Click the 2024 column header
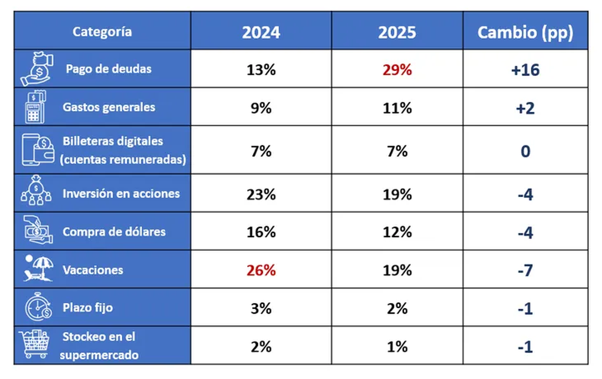pyautogui.click(x=261, y=32)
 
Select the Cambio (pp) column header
pyautogui.click(x=525, y=32)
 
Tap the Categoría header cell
pyautogui.click(x=102, y=32)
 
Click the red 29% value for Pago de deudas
pyautogui.click(x=397, y=70)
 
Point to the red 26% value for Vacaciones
pyautogui.click(x=261, y=270)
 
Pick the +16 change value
pyautogui.click(x=525, y=70)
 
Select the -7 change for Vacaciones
pyautogui.click(x=525, y=270)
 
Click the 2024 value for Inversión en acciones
pyautogui.click(x=261, y=194)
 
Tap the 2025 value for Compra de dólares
pyautogui.click(x=397, y=232)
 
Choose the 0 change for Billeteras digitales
pyautogui.click(x=525, y=151)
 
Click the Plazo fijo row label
pyautogui.click(x=87, y=307)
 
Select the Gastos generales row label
pyautogui.click(x=109, y=107)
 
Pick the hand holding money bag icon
pyautogui.click(x=37, y=69)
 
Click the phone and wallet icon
pyautogui.click(x=37, y=150)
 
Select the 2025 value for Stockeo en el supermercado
pyautogui.click(x=397, y=346)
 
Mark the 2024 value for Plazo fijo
pyautogui.click(x=261, y=308)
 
